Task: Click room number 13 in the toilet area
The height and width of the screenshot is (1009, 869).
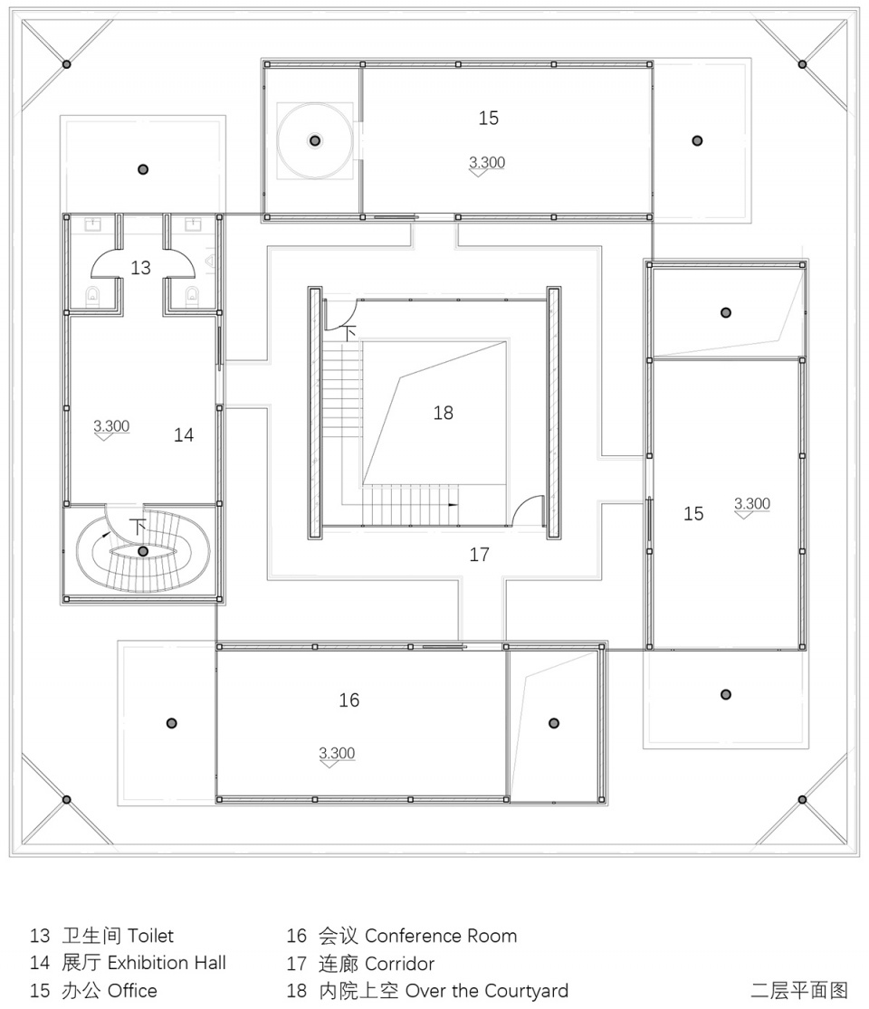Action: click(140, 268)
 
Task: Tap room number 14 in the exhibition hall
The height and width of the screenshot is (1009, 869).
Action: click(184, 435)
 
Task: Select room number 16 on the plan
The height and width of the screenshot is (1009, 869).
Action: click(349, 700)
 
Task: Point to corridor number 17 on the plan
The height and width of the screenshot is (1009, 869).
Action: click(479, 555)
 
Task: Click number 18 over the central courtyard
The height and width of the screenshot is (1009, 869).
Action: click(443, 413)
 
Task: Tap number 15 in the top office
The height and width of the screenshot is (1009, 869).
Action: click(488, 118)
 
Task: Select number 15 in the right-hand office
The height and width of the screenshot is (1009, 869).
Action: click(693, 513)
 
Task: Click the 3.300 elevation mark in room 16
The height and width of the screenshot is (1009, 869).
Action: click(337, 753)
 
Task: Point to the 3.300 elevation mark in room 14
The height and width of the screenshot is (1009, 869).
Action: click(111, 426)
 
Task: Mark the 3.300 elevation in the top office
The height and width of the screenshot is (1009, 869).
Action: click(487, 162)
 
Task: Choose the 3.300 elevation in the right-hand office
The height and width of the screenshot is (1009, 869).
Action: click(752, 503)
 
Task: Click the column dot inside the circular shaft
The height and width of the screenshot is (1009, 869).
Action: click(315, 140)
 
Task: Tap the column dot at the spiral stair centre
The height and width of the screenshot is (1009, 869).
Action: click(143, 551)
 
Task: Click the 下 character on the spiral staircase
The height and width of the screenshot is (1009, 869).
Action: click(138, 527)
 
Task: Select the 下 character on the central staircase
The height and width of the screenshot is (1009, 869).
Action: click(349, 333)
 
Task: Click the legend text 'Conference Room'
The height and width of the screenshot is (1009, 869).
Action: click(441, 936)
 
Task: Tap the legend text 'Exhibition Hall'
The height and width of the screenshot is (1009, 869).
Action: click(167, 963)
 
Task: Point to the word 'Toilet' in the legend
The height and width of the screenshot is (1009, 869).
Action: click(150, 936)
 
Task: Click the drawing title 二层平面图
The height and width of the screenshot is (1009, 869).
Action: click(798, 990)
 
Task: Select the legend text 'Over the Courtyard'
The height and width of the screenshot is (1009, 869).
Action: click(487, 991)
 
